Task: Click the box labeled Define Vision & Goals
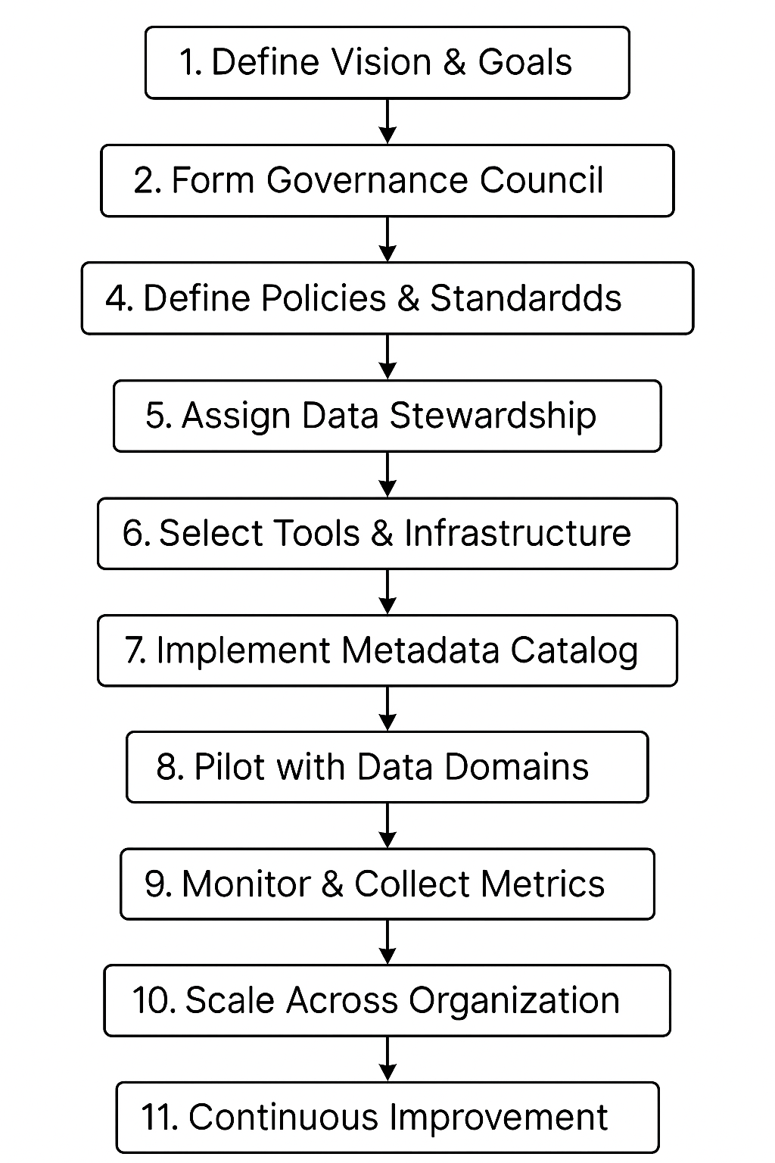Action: point(387,63)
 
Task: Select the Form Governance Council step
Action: point(387,181)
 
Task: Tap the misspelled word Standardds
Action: point(525,298)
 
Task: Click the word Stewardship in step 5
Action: point(492,416)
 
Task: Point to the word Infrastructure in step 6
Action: point(517,533)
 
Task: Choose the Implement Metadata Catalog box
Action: point(387,651)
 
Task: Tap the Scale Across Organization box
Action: point(387,1000)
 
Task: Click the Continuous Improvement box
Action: point(387,1118)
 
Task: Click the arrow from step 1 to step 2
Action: point(387,121)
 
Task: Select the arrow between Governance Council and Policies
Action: point(387,239)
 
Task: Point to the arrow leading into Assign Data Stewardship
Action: point(387,357)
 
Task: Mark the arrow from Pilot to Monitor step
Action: point(387,825)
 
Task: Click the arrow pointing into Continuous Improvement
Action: point(387,1059)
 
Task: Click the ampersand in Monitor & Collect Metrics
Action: point(332,884)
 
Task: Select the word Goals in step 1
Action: point(524,63)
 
